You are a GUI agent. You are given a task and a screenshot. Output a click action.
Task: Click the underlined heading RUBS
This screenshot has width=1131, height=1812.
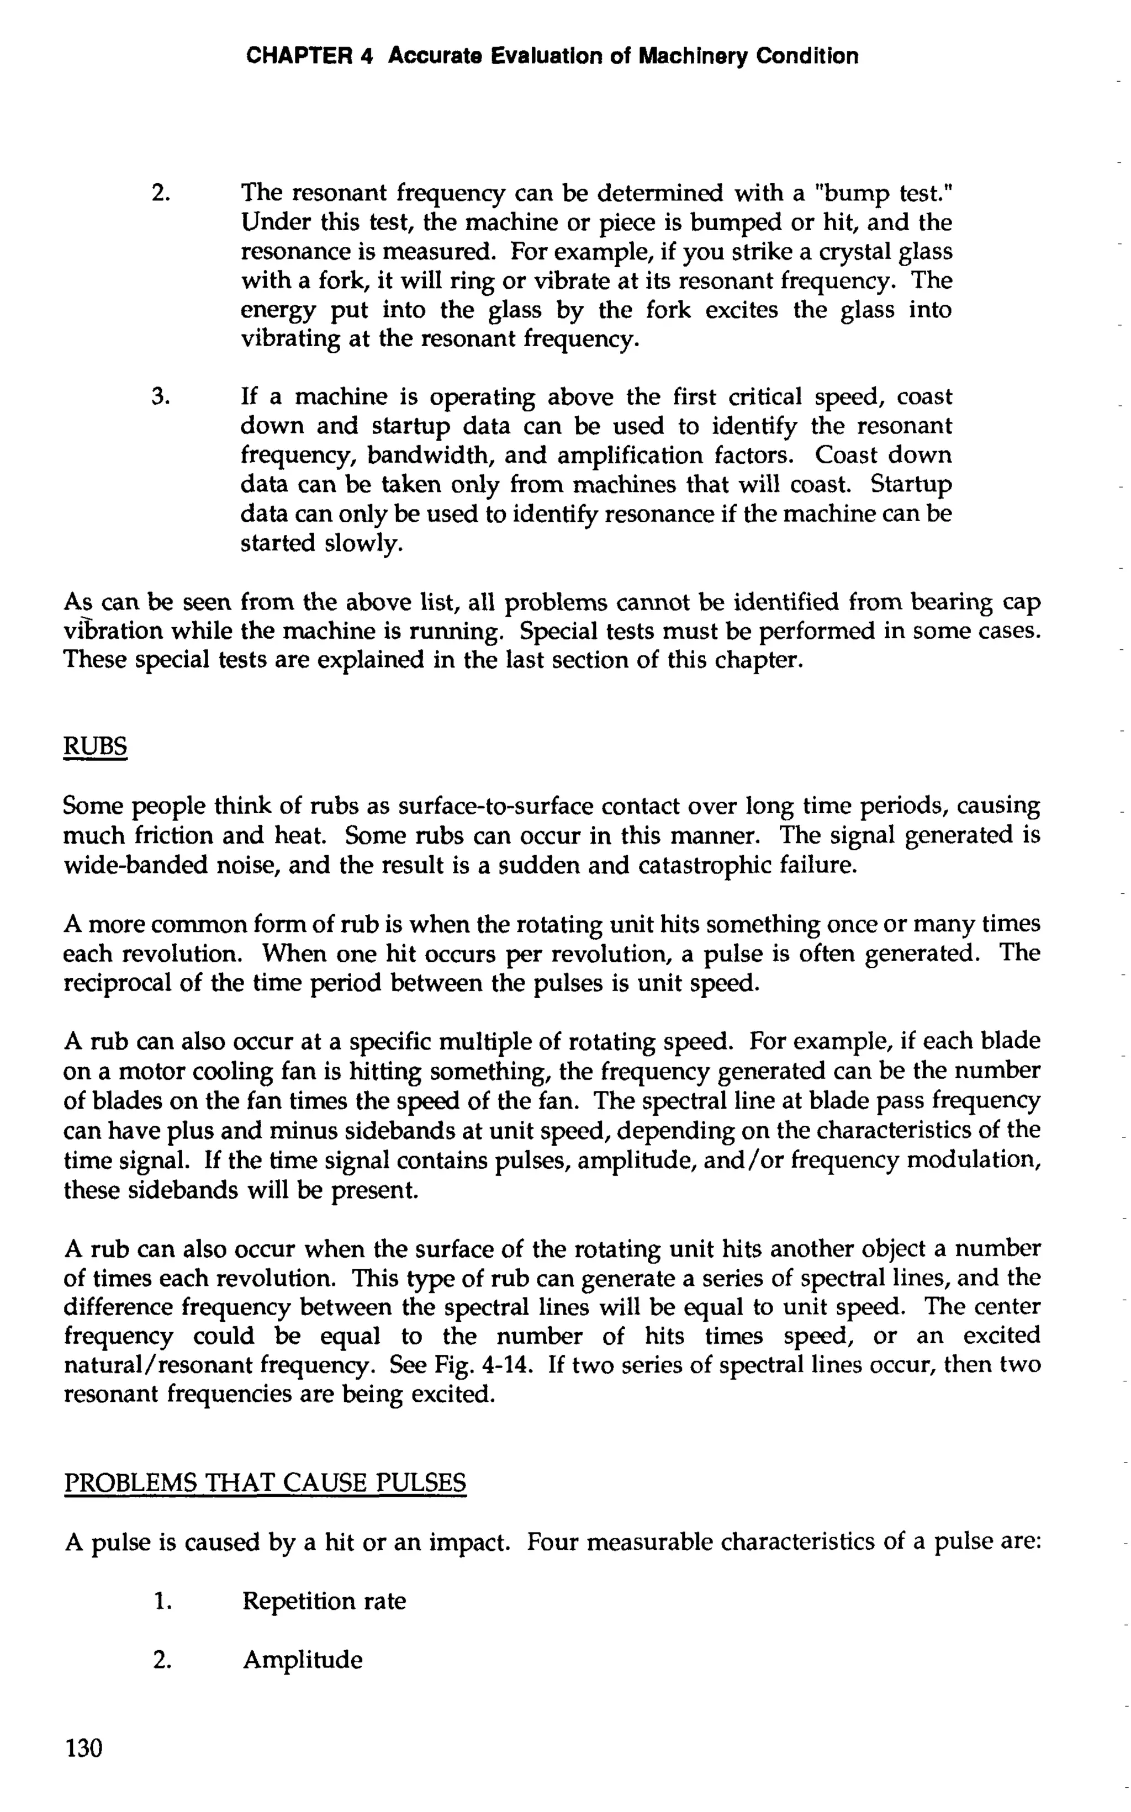[x=95, y=746]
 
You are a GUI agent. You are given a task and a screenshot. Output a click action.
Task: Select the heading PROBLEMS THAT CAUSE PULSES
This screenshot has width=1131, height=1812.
[x=266, y=1482]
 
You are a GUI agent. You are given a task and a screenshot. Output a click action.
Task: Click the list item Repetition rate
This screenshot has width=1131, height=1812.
[x=324, y=1601]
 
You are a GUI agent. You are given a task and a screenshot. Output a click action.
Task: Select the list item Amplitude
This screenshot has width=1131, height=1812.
[x=302, y=1660]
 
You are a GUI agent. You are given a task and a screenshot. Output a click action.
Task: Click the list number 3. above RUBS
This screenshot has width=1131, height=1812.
[x=162, y=396]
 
